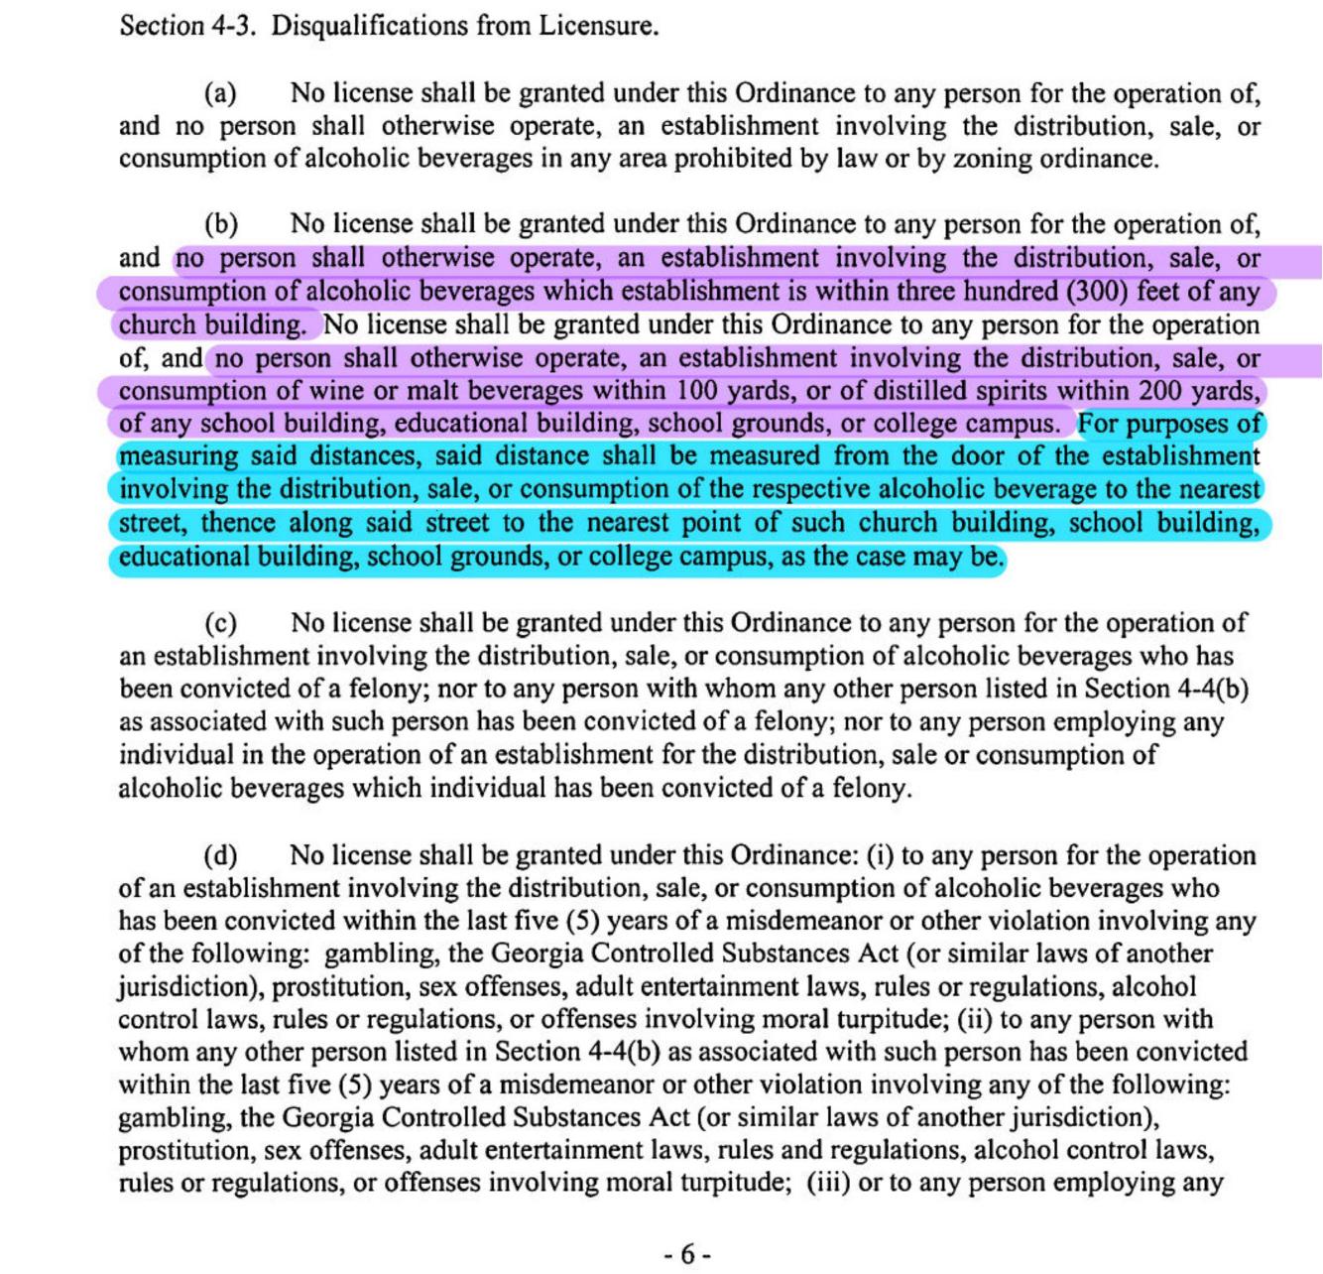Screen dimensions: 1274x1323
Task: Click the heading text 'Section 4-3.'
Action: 187,25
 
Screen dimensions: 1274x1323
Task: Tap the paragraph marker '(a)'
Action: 220,93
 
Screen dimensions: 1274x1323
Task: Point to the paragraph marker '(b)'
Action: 220,224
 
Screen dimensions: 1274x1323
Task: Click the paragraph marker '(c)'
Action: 220,623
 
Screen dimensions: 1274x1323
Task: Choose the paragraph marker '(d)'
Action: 220,855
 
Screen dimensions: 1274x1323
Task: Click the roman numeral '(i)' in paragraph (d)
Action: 881,855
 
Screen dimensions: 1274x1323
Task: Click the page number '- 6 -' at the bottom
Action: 686,1254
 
